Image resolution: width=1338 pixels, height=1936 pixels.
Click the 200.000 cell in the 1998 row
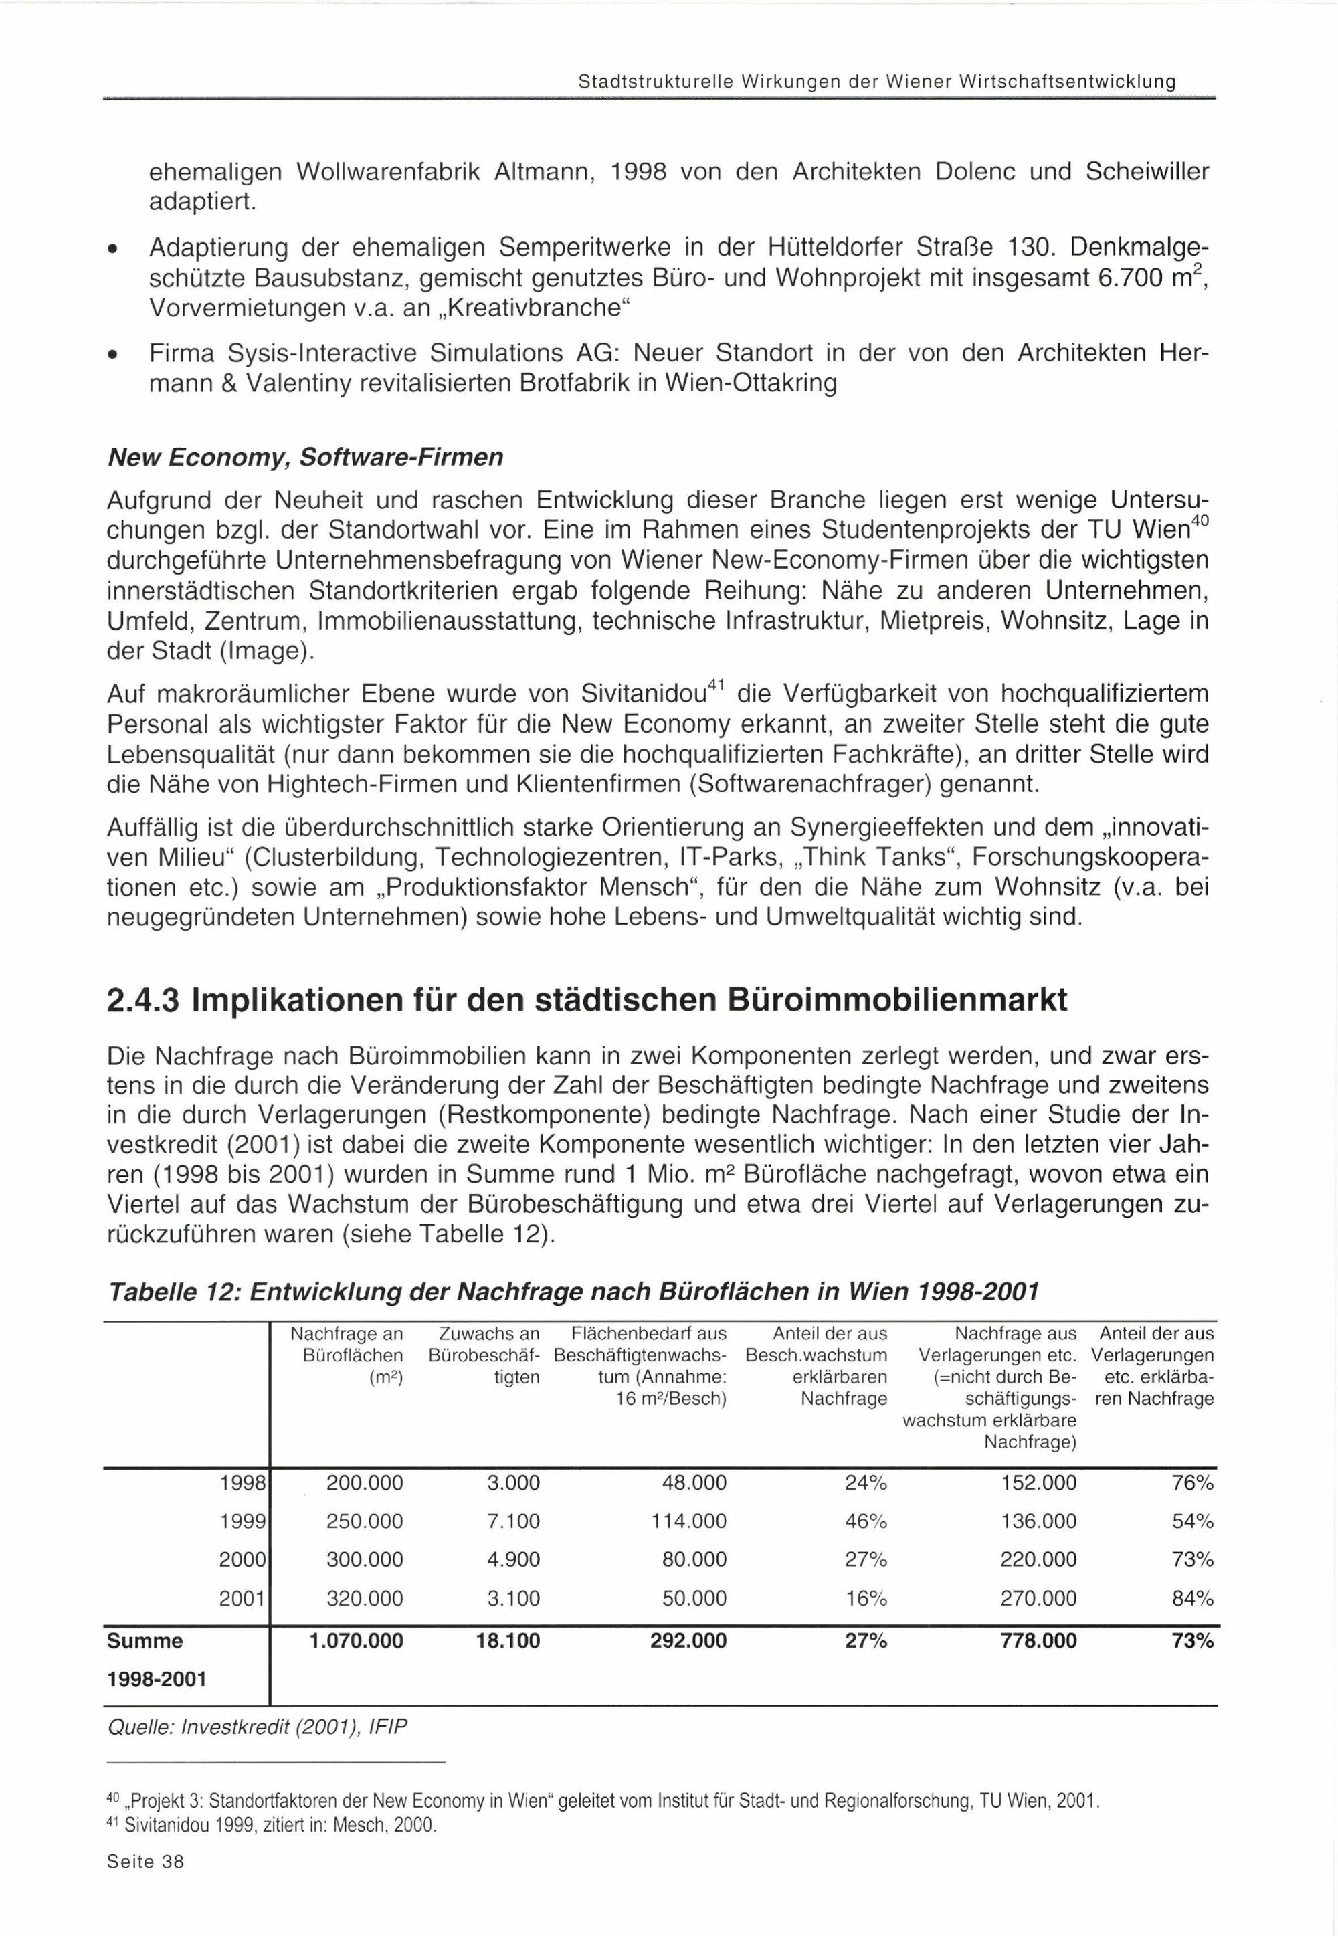pyautogui.click(x=364, y=1483)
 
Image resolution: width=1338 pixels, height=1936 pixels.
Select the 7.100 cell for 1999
pyautogui.click(x=513, y=1521)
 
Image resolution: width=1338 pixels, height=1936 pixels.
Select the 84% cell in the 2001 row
pyautogui.click(x=1192, y=1598)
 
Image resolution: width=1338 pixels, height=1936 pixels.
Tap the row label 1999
pyautogui.click(x=242, y=1521)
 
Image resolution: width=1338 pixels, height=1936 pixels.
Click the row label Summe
pyautogui.click(x=145, y=1640)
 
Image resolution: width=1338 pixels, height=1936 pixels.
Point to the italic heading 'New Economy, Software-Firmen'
pyautogui.click(x=305, y=457)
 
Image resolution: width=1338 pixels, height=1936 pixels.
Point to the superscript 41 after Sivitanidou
pyautogui.click(x=716, y=685)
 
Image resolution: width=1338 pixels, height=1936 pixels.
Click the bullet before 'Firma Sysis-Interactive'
pyautogui.click(x=112, y=355)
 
